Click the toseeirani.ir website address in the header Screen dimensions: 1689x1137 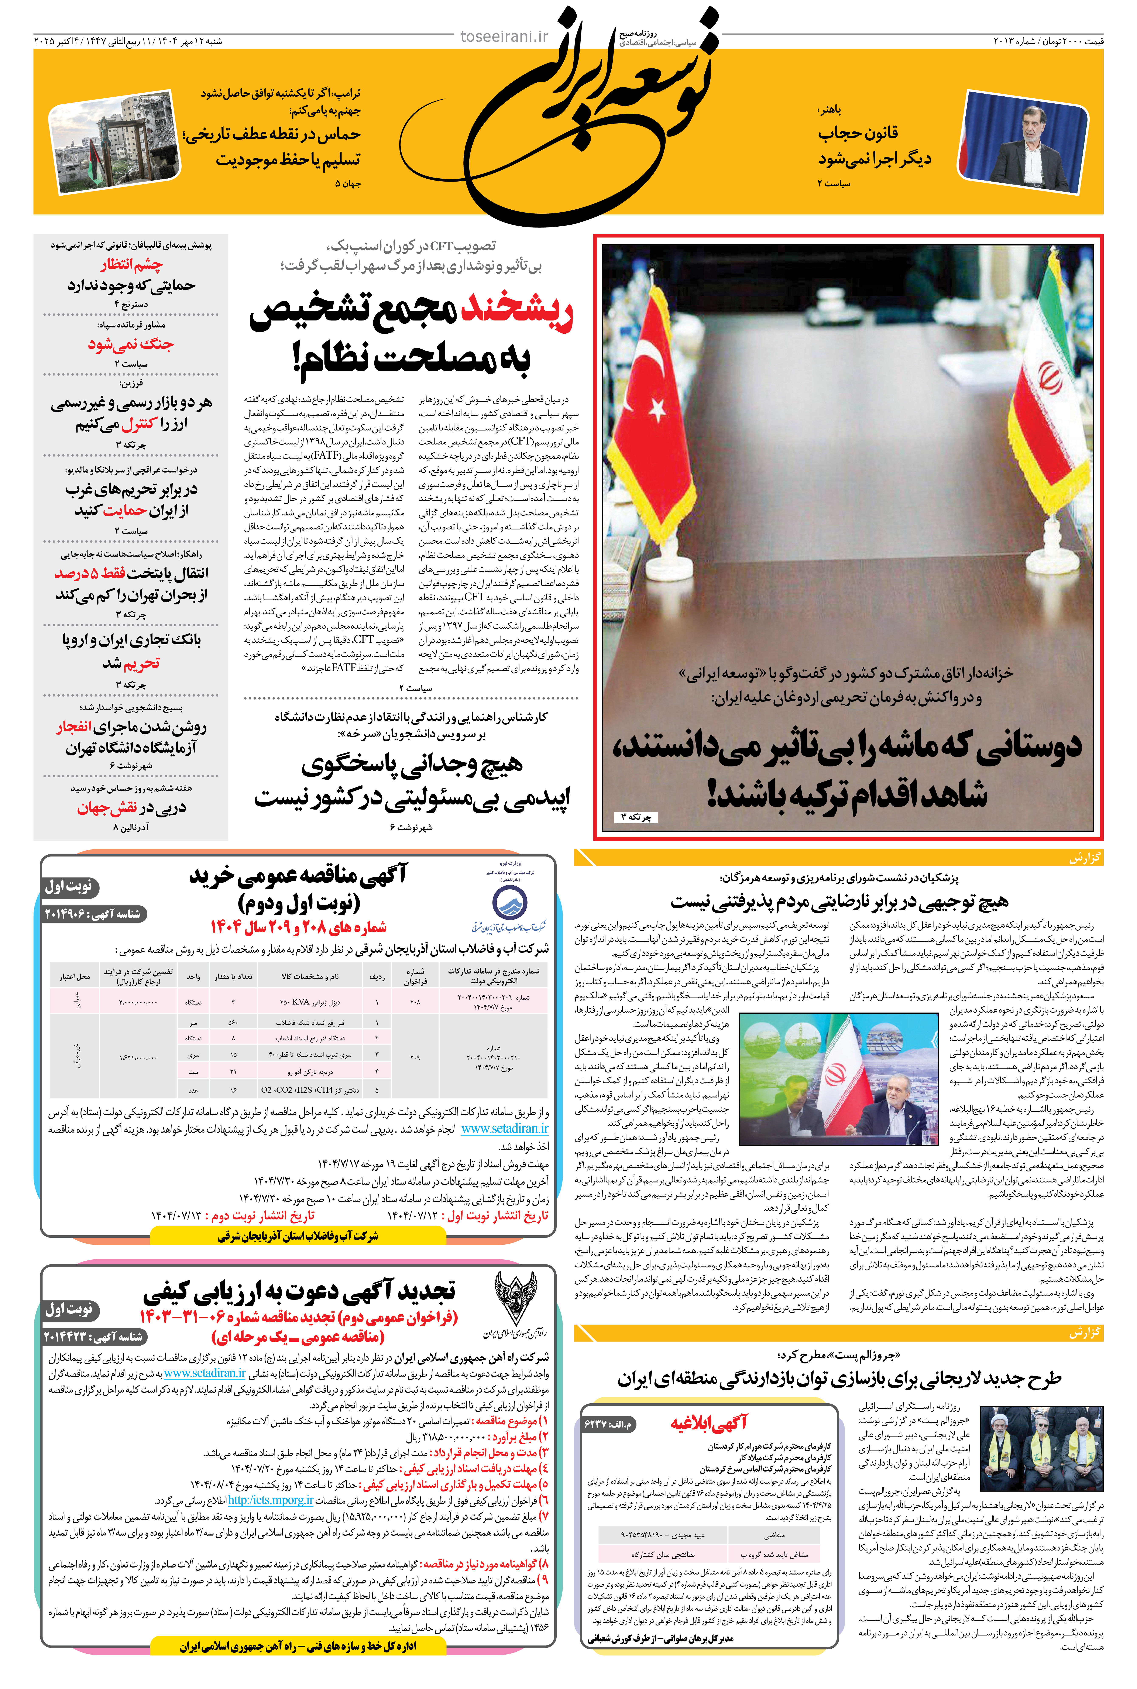(x=504, y=36)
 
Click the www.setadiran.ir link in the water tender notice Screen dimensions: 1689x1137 (x=505, y=1129)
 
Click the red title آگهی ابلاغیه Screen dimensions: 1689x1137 (x=708, y=1424)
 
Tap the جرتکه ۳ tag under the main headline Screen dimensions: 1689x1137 (x=636, y=817)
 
